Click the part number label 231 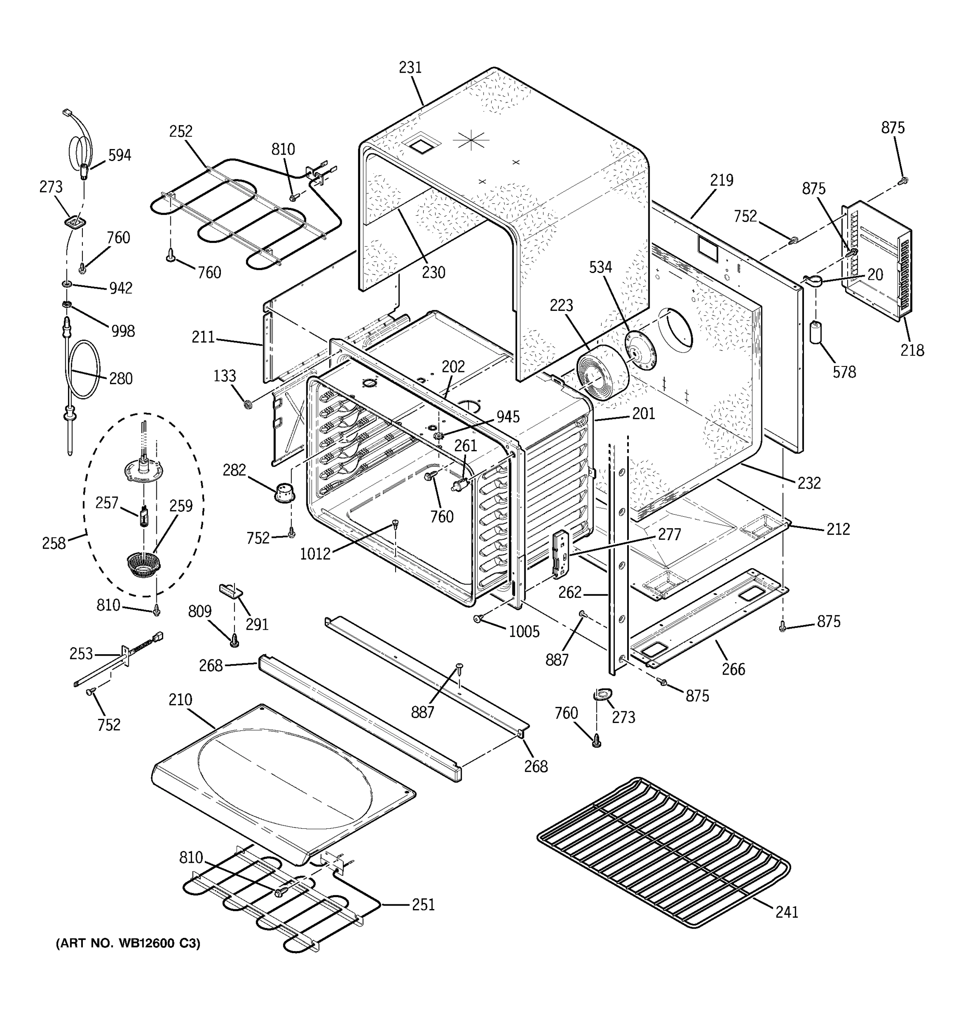[x=410, y=68]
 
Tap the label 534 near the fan [x=600, y=267]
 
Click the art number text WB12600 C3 [x=128, y=943]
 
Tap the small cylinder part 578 [x=815, y=332]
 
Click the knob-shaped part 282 [x=284, y=493]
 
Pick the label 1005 [x=524, y=632]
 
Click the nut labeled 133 [x=249, y=405]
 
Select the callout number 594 [x=119, y=155]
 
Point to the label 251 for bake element [x=423, y=905]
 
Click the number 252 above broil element [x=181, y=132]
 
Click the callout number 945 [x=508, y=417]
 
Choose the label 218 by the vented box [x=912, y=351]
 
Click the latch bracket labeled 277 [x=562, y=555]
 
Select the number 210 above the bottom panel [x=181, y=700]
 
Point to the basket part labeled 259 [x=143, y=563]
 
